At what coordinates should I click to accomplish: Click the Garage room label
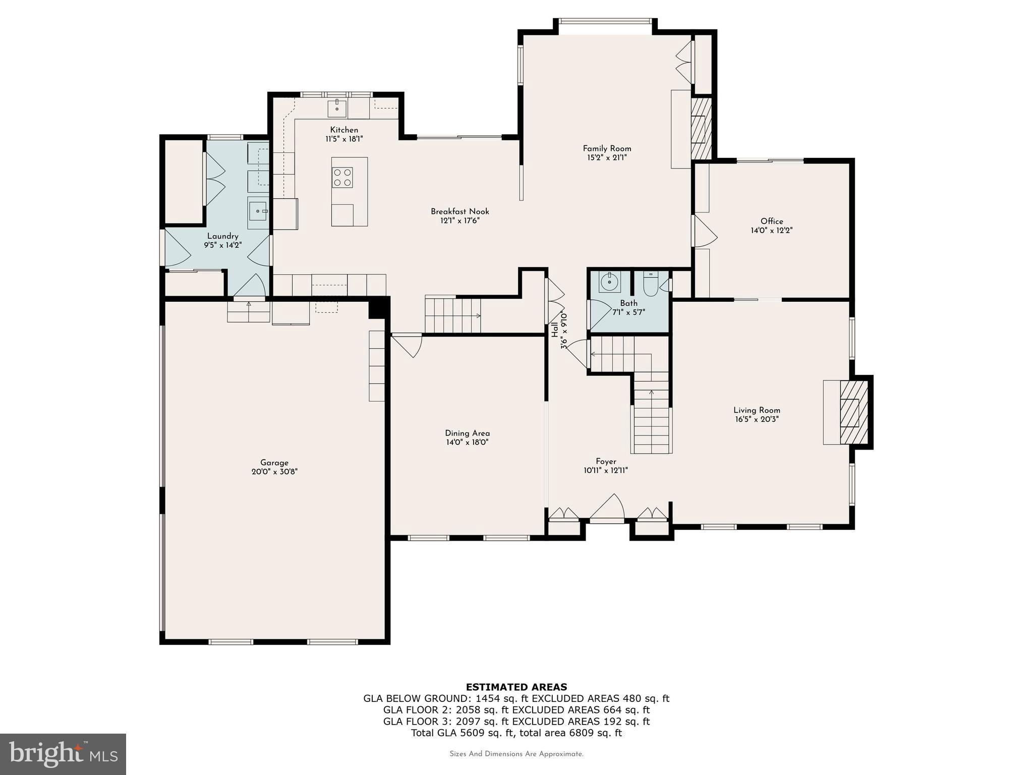tap(274, 462)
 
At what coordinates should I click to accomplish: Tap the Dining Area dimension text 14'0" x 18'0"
tap(467, 442)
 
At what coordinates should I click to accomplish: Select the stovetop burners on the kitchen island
tap(342, 177)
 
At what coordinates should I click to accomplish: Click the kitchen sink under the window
tap(336, 108)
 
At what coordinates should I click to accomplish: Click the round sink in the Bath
tap(609, 282)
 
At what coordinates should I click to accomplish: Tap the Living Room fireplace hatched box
tap(853, 412)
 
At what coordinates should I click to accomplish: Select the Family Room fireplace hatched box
tap(701, 129)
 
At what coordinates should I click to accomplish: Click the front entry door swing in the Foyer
tap(608, 507)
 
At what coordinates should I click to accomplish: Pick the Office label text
tap(772, 221)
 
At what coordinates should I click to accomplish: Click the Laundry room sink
tap(258, 212)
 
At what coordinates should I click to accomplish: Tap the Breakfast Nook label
tap(460, 211)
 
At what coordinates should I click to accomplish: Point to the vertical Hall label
tap(555, 330)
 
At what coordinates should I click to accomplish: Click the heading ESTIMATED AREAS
tap(516, 687)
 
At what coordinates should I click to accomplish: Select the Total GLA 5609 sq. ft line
tap(516, 733)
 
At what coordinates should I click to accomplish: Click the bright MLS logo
tap(63, 754)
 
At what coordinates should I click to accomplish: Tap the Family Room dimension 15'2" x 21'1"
tap(607, 157)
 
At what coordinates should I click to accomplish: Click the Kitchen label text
tap(344, 130)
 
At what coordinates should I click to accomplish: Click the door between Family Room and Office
tap(705, 232)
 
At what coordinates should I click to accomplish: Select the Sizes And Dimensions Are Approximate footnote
tap(516, 754)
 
